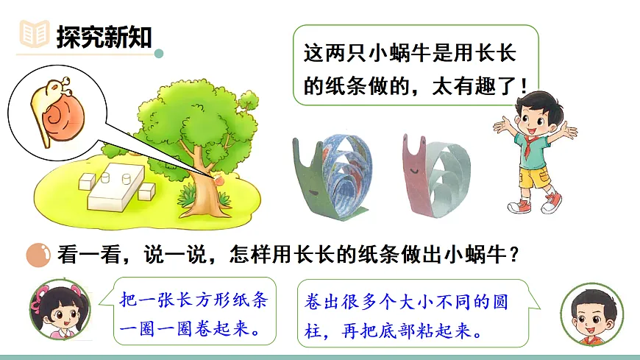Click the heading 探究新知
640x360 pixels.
[104, 35]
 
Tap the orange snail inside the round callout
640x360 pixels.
[58, 107]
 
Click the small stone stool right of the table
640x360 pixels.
[147, 191]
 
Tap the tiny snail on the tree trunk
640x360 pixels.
[218, 179]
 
